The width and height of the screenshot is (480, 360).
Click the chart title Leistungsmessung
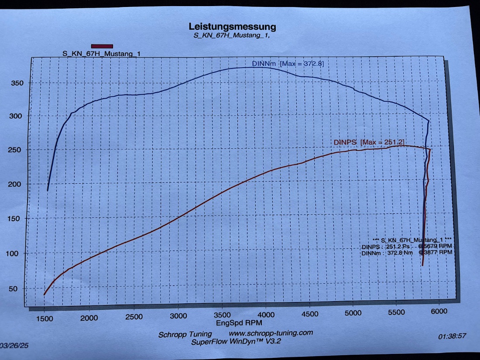232,27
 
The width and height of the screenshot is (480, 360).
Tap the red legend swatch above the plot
102,46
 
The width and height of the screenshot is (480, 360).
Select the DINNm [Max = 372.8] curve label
288,64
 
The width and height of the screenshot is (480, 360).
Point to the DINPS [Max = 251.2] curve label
369,142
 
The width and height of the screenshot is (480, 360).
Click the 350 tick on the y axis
17,83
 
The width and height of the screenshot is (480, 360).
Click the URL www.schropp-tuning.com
271,333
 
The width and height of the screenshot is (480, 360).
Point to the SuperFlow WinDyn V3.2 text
236,342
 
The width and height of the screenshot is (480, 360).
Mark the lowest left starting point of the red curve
44,295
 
